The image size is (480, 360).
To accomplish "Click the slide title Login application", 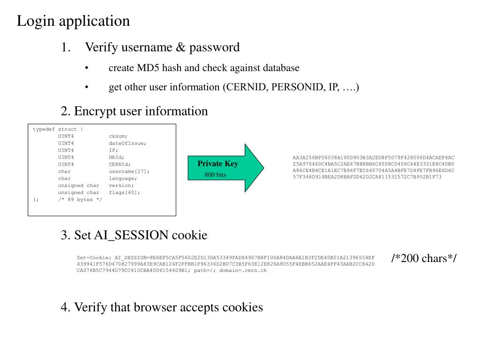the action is [x=73, y=21].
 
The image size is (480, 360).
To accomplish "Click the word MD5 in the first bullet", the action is [x=148, y=67].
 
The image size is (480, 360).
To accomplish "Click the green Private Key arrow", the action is [x=225, y=168].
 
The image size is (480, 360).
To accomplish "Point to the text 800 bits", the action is [x=215, y=175].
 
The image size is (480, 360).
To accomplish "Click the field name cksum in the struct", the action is [x=118, y=136].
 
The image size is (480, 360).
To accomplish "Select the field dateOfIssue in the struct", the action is [x=127, y=143].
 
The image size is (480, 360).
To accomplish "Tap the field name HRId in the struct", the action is [x=116, y=157].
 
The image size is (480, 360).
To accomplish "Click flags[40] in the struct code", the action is [x=124, y=193].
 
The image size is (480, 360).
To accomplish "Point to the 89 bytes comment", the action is [x=80, y=200].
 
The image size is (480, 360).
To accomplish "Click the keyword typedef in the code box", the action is [x=44, y=129].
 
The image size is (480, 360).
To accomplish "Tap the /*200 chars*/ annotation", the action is [x=424, y=258].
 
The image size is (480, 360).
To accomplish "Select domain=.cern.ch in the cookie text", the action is [x=243, y=270].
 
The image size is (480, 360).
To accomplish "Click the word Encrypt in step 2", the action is [x=95, y=112].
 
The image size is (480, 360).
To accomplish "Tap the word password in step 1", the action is [x=214, y=48].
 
